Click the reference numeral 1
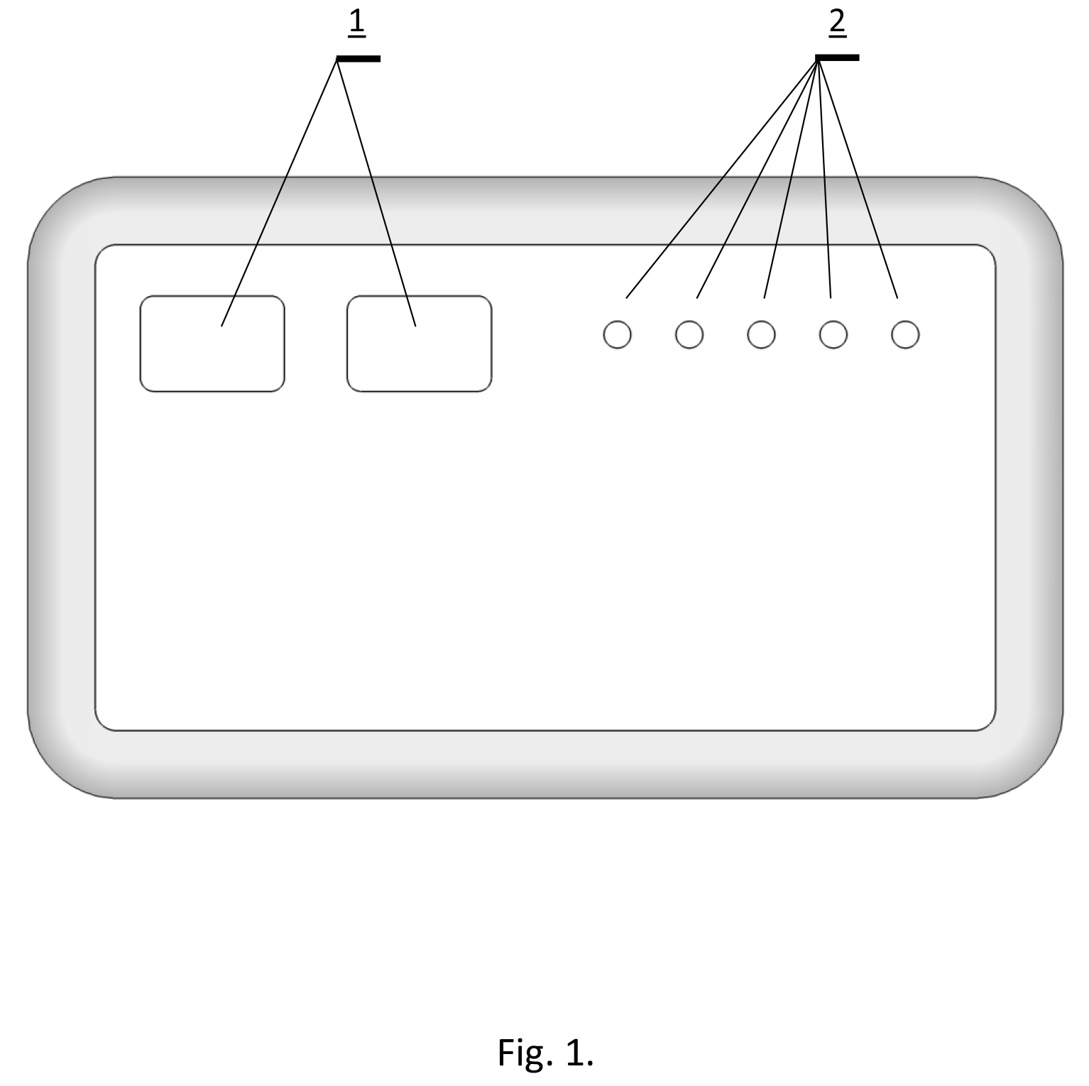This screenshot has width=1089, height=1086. tap(356, 23)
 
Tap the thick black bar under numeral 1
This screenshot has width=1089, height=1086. tap(359, 59)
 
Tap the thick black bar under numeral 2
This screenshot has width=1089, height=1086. tap(838, 57)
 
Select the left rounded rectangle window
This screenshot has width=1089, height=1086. tap(212, 344)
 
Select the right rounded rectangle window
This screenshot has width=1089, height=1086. tap(419, 344)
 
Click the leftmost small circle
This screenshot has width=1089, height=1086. tap(617, 334)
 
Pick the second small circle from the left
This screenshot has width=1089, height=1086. tap(689, 334)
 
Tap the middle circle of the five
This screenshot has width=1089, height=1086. tap(761, 334)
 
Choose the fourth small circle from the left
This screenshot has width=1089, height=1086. tap(833, 334)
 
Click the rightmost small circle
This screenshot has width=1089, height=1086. tap(905, 334)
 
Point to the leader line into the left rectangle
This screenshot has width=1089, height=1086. tap(279, 193)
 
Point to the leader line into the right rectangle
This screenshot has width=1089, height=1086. tap(376, 193)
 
